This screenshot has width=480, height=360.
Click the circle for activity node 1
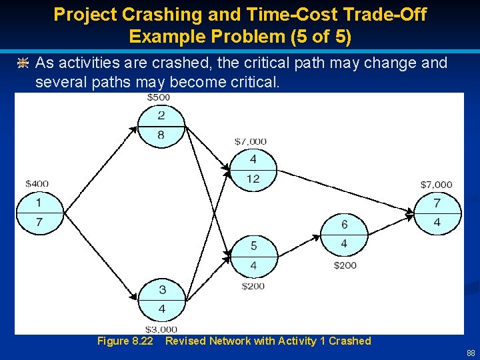click(x=39, y=213)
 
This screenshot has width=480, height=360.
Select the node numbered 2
click(x=161, y=125)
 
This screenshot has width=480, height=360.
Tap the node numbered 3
click(x=162, y=299)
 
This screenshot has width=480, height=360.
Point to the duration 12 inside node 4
click(x=253, y=179)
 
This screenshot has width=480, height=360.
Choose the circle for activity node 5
click(x=253, y=256)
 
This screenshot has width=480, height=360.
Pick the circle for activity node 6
click(x=344, y=235)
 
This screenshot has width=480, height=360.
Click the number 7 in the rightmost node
click(x=437, y=203)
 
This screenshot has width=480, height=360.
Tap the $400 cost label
click(x=37, y=183)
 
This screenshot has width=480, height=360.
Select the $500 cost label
click(x=159, y=97)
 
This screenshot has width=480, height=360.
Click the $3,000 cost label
click(x=161, y=329)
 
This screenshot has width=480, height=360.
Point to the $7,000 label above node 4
click(x=251, y=141)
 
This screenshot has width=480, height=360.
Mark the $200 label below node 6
click(x=345, y=265)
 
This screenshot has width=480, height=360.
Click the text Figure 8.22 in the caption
click(x=125, y=341)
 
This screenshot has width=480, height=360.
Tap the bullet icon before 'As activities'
click(x=23, y=63)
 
